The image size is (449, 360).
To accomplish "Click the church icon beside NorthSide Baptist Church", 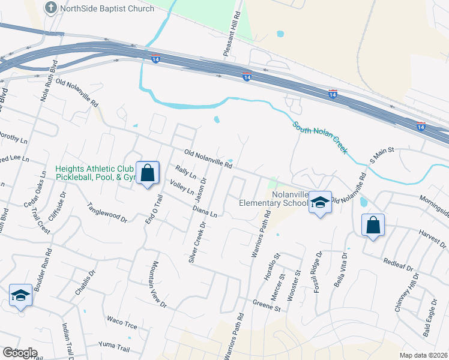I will (x=51, y=8).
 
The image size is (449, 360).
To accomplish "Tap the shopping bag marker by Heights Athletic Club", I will (x=147, y=173).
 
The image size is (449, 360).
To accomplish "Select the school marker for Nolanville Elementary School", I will (x=321, y=204).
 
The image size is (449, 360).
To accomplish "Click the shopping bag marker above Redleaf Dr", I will (x=373, y=226).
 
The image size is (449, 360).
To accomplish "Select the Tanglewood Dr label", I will (x=108, y=212).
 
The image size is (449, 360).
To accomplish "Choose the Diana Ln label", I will (x=205, y=211).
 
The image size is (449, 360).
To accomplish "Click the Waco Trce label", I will (x=122, y=323).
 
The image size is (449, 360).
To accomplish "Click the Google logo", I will (x=20, y=353).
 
